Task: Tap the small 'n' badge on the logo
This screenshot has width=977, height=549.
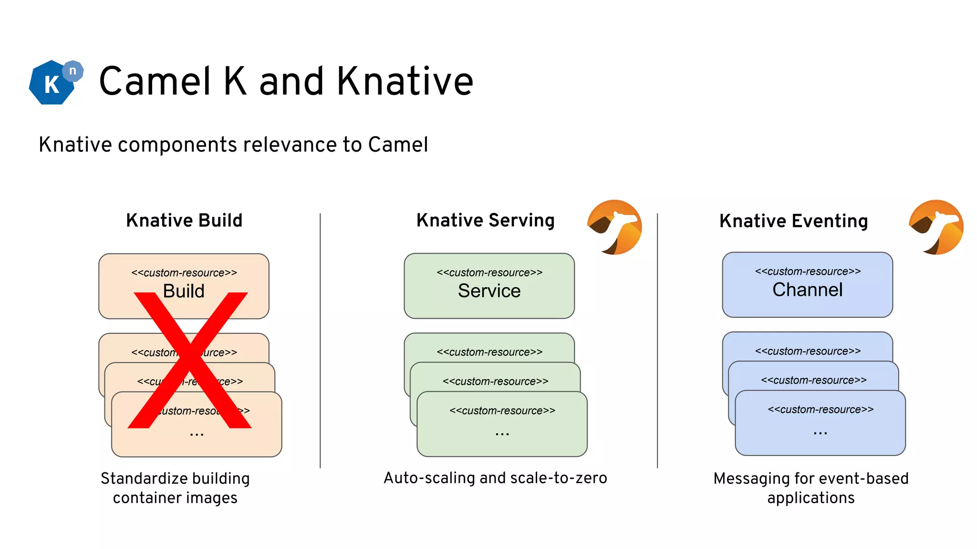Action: [73, 71]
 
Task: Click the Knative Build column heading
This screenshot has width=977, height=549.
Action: [184, 221]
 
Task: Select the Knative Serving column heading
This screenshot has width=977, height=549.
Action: [485, 221]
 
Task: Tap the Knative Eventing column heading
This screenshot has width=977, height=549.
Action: [793, 221]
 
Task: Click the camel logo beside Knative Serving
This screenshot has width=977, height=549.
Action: [614, 227]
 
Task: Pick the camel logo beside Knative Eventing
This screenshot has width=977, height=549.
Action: [936, 227]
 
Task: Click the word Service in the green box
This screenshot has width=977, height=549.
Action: [489, 291]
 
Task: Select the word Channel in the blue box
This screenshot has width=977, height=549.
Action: [807, 290]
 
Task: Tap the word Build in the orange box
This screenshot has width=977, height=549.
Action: [184, 291]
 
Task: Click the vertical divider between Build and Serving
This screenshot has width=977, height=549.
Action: [320, 340]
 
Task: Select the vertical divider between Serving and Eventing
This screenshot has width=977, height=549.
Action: [657, 340]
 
